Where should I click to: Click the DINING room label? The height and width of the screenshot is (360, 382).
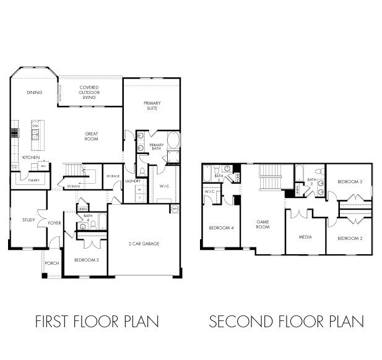point(34,93)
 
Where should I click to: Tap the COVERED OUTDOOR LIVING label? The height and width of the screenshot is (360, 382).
point(89,92)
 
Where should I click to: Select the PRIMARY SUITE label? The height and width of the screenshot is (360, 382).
point(151,106)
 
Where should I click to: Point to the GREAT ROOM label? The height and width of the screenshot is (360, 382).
point(92,137)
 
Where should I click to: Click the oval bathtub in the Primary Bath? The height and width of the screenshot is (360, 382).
point(173,141)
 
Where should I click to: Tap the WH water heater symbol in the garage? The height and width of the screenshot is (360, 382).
point(175,209)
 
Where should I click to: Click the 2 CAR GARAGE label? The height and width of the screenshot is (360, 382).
point(144,244)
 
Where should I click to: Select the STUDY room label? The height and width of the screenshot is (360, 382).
point(28,219)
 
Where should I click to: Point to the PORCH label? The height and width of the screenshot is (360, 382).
point(52,263)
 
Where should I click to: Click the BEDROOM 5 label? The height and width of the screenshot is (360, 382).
point(86,260)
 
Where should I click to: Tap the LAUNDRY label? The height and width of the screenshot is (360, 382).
point(132,181)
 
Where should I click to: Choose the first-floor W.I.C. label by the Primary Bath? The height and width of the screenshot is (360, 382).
point(164,185)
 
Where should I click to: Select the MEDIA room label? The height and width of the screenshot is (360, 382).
point(305,237)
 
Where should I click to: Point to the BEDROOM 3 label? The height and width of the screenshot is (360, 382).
point(349,181)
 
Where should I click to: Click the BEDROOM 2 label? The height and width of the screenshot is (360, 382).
point(349,238)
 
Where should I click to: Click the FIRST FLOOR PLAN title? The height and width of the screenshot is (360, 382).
point(97,322)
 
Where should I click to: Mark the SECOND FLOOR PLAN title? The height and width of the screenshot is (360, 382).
point(286,322)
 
